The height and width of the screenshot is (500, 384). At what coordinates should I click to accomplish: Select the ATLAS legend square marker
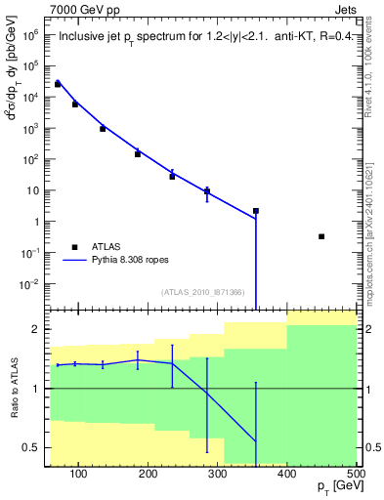tap(73, 247)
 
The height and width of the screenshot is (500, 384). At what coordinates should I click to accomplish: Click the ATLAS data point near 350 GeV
tap(256, 211)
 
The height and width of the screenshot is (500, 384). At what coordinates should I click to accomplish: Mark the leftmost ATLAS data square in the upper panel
tap(58, 84)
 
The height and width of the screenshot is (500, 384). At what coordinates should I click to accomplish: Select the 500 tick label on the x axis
tap(355, 474)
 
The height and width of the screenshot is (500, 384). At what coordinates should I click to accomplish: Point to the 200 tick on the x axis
tap(148, 474)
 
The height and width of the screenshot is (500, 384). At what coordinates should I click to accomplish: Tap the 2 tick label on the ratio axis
tap(35, 330)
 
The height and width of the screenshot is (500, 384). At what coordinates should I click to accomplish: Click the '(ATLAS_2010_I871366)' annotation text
tap(203, 293)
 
